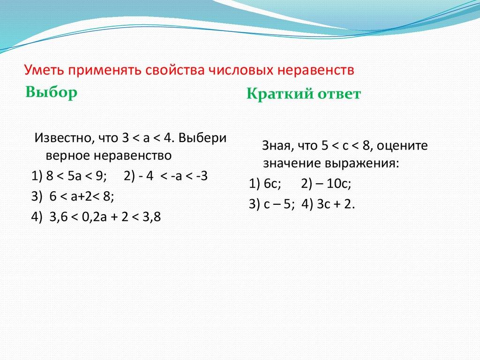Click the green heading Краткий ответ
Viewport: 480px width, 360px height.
coord(304,94)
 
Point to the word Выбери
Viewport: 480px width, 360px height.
coord(202,139)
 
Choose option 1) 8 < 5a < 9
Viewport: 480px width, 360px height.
coord(69,176)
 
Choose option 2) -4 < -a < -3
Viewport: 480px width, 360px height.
coord(166,176)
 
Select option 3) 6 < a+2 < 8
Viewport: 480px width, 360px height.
coord(73,197)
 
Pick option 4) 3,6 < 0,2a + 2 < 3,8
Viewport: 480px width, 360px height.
coord(96,217)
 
